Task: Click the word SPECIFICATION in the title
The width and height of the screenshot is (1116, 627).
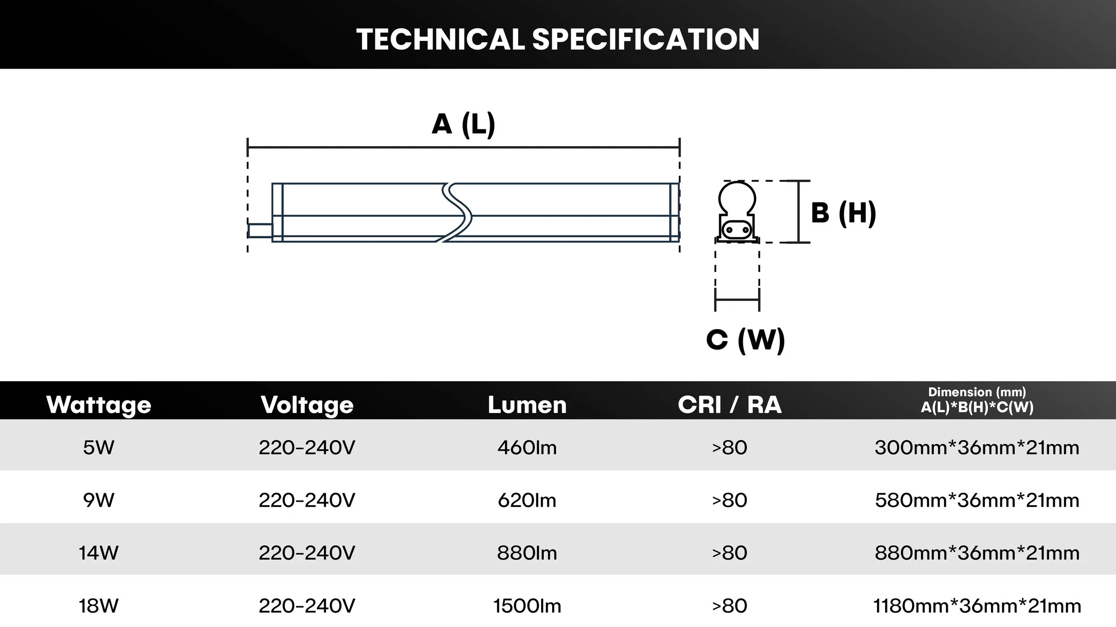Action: (x=645, y=39)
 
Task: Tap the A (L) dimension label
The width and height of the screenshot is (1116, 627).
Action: (x=463, y=124)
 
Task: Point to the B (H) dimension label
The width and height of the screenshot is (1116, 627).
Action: (x=843, y=213)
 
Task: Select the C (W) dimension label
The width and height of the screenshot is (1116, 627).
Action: (x=745, y=340)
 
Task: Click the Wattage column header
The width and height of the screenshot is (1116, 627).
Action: (x=99, y=405)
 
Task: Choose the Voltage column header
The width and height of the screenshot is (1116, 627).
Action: (x=307, y=405)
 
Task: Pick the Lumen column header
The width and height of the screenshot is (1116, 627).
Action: (x=527, y=405)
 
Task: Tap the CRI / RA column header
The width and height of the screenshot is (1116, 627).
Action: (x=729, y=405)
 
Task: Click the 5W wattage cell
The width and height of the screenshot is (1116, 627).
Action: (x=99, y=448)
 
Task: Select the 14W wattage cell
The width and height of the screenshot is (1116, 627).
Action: (x=99, y=553)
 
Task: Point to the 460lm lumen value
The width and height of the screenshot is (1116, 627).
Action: (x=527, y=448)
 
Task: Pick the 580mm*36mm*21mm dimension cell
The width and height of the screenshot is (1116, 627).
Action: (x=977, y=500)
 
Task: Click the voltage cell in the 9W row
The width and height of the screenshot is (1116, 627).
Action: (x=307, y=500)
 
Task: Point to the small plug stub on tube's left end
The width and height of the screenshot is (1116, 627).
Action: (x=260, y=231)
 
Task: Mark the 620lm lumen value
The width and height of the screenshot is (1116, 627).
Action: (x=527, y=500)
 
